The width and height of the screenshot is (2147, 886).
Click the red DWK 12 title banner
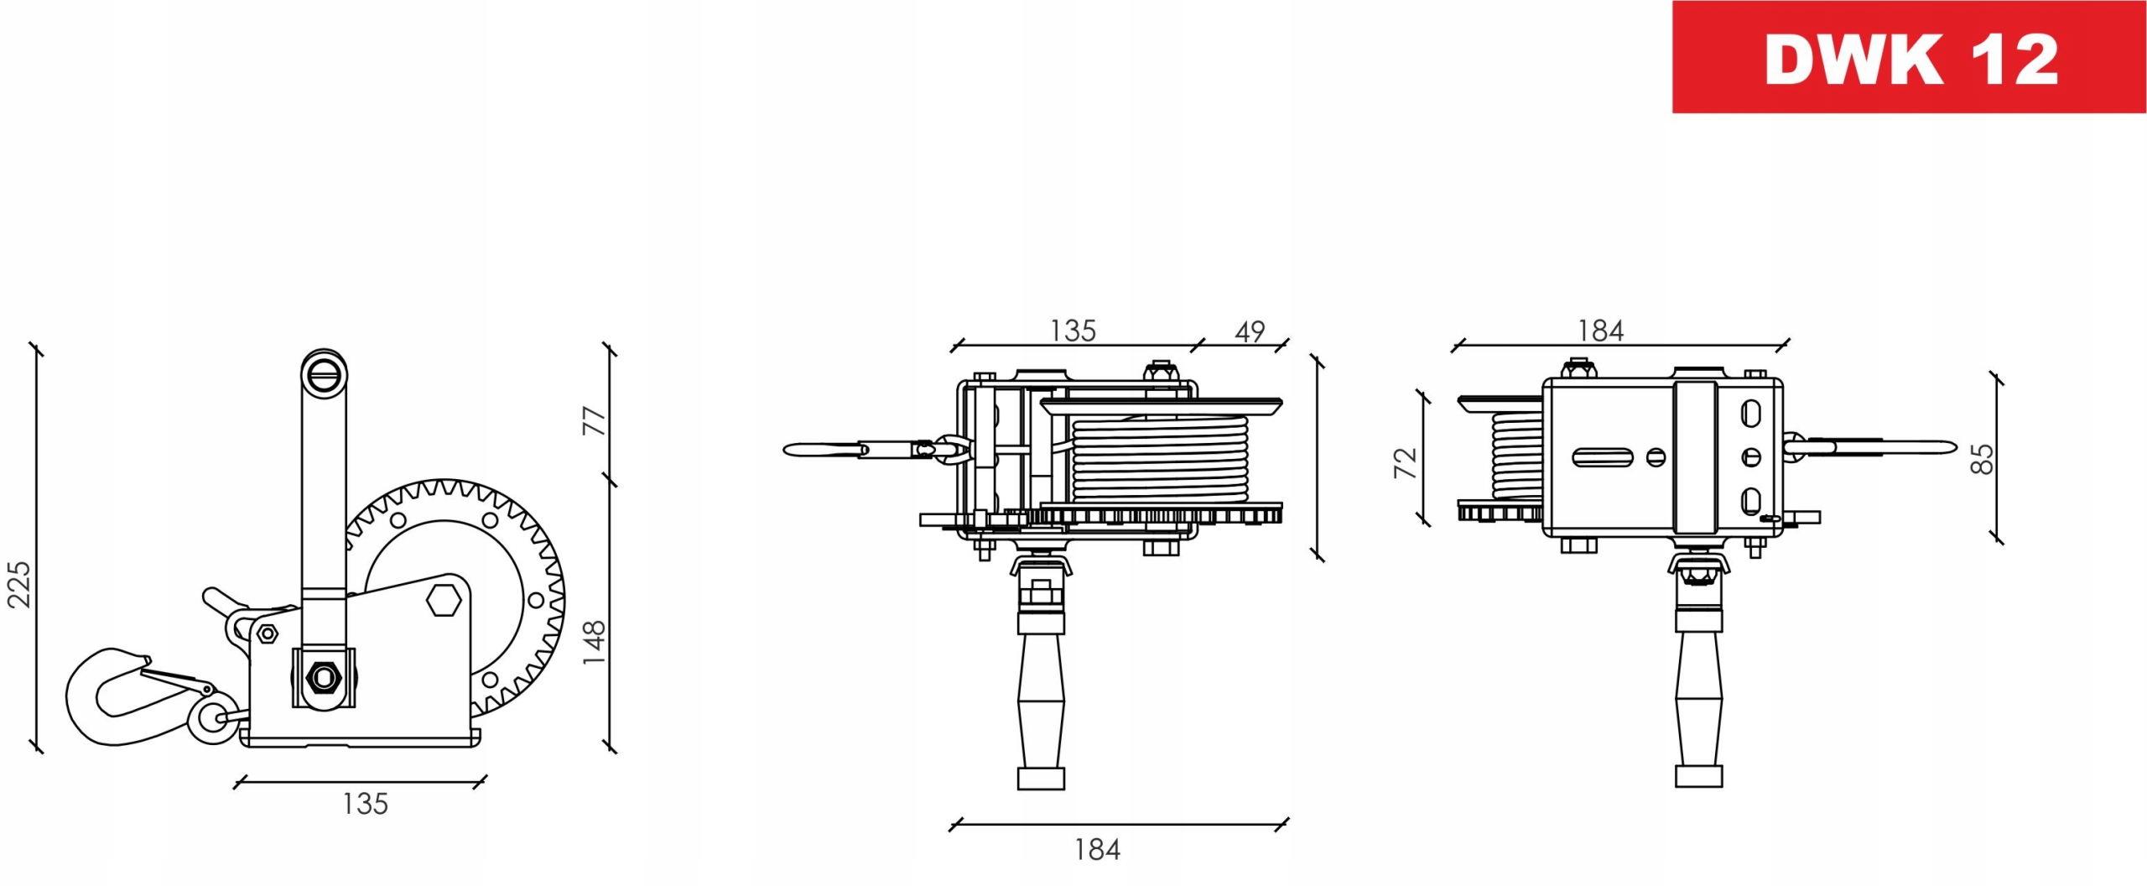(x=1909, y=57)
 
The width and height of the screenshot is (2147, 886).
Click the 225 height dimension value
(x=18, y=584)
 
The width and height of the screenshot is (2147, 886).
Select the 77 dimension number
(x=594, y=420)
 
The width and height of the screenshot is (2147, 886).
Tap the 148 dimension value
(x=594, y=643)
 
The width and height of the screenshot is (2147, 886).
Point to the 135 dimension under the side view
(x=365, y=804)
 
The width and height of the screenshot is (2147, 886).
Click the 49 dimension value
(x=1250, y=332)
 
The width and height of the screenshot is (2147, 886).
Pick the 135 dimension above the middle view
(x=1073, y=331)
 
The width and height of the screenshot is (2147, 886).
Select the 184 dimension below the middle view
(x=1097, y=850)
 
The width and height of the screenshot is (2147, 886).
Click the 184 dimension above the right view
(x=1600, y=331)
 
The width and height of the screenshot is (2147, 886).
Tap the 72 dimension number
(x=1405, y=463)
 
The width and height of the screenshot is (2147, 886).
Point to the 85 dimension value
(x=1981, y=458)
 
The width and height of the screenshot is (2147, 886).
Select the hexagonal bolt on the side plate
(x=444, y=601)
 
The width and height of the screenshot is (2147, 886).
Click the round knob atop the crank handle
(x=325, y=372)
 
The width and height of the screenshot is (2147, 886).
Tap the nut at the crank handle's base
(x=324, y=675)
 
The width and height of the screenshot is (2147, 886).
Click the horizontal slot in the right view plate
(x=1602, y=457)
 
